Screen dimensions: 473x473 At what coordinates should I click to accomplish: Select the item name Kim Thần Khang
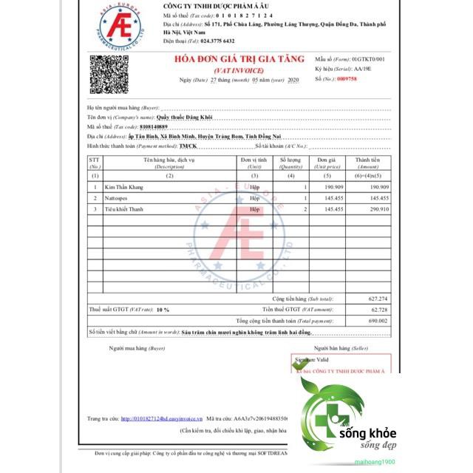[x=126, y=187]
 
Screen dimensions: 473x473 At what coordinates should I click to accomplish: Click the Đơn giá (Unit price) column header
[x=327, y=163]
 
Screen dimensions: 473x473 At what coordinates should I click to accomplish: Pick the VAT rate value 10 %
[x=163, y=310]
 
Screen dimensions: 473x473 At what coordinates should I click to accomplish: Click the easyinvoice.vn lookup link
[x=160, y=418]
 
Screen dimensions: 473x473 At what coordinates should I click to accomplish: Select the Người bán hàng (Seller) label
[x=339, y=347]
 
